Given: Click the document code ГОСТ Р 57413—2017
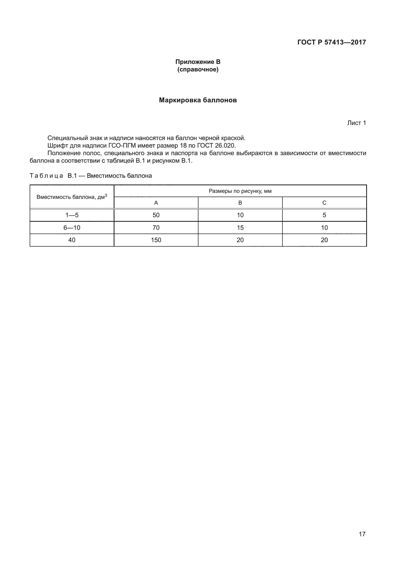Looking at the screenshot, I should (331, 42).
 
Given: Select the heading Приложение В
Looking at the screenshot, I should (198, 62).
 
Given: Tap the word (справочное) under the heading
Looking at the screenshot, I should (198, 69).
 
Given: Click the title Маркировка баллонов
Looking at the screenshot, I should (198, 100).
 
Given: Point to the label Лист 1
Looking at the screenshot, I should (356, 123).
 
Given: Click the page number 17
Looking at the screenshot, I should (362, 534).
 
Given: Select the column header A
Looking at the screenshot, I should (156, 203).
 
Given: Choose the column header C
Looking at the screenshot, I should (324, 203).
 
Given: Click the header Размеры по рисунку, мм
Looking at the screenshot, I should (240, 191).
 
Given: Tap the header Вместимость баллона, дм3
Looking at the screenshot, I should (72, 197).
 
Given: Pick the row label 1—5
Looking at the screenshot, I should (72, 215).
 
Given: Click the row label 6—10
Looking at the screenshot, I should (72, 228).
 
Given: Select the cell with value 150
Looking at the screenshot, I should (156, 240).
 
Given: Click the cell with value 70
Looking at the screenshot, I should (156, 228).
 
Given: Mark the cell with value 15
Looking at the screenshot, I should (240, 228).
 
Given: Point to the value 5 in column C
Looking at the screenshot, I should (324, 215).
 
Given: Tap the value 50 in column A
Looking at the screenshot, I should (156, 215).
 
